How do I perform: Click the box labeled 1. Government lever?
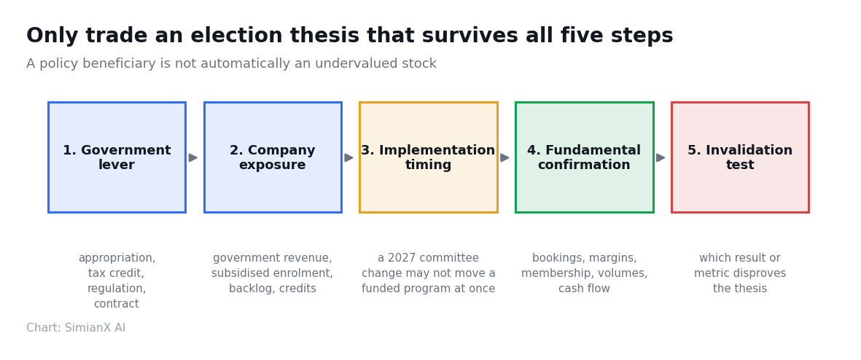point(117,157)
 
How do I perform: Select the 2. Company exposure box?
point(273,157)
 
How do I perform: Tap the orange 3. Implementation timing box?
point(428,157)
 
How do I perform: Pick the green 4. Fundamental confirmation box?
point(584,157)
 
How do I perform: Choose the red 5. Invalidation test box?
point(740,157)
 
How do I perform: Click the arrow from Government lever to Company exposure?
point(192,158)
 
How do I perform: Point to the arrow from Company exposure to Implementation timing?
point(348,158)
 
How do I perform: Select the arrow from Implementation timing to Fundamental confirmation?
point(504,158)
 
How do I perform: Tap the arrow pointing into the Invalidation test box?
point(661,158)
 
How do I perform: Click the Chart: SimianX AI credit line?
point(76,328)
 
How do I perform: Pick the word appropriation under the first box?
point(117,259)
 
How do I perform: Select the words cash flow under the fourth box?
point(584,289)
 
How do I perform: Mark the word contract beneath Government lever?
point(117,304)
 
